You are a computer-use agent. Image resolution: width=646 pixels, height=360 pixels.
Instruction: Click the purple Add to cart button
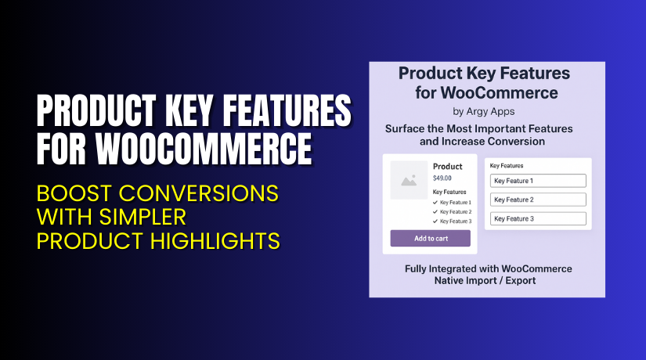coord(430,238)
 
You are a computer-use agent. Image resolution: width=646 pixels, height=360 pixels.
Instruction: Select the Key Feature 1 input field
coord(537,181)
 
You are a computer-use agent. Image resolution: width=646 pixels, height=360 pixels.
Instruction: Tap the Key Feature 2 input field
coord(537,200)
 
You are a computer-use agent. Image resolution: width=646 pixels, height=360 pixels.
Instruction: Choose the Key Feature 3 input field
coord(537,218)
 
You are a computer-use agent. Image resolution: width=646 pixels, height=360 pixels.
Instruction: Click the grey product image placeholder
coord(409,180)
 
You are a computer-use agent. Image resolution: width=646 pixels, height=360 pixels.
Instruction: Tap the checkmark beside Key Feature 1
coord(435,203)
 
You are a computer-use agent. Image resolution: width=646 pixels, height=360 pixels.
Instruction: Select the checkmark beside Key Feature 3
coord(435,221)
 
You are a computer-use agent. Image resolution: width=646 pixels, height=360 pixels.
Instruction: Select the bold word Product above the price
coord(447,166)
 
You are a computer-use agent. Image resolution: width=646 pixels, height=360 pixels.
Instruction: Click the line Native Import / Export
coord(485,280)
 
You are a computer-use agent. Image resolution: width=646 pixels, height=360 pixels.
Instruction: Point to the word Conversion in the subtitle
coord(514,142)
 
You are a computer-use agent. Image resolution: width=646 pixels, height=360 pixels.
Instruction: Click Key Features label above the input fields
coord(507,166)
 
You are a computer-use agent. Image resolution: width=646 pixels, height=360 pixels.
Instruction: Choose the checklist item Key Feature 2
coord(455,212)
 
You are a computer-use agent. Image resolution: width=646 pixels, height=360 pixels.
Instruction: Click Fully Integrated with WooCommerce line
coord(488,268)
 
